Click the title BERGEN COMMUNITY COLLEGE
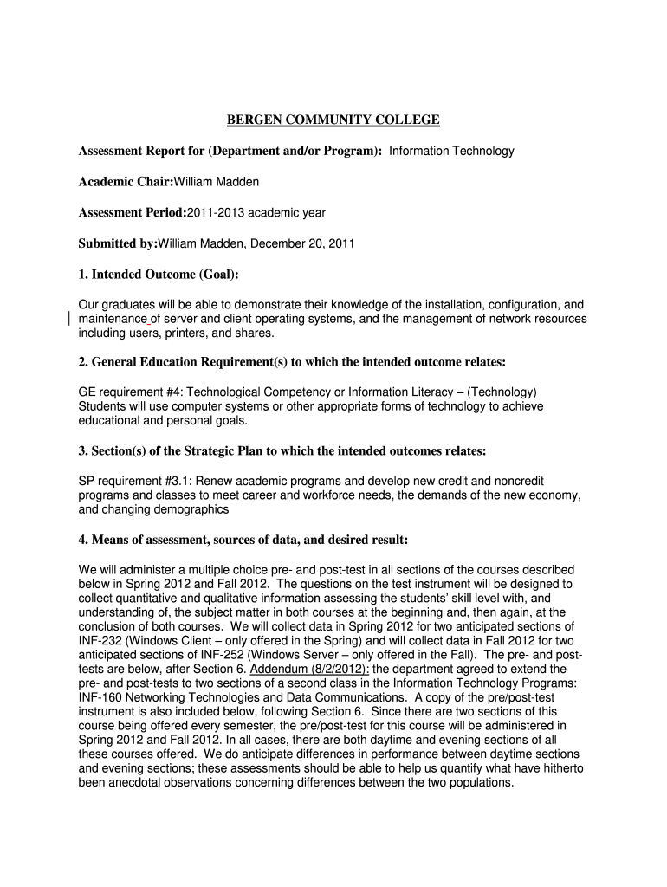[x=333, y=120]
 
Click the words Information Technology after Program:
[x=451, y=151]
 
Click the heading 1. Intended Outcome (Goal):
[x=158, y=275]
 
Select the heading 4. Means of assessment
[x=243, y=540]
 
